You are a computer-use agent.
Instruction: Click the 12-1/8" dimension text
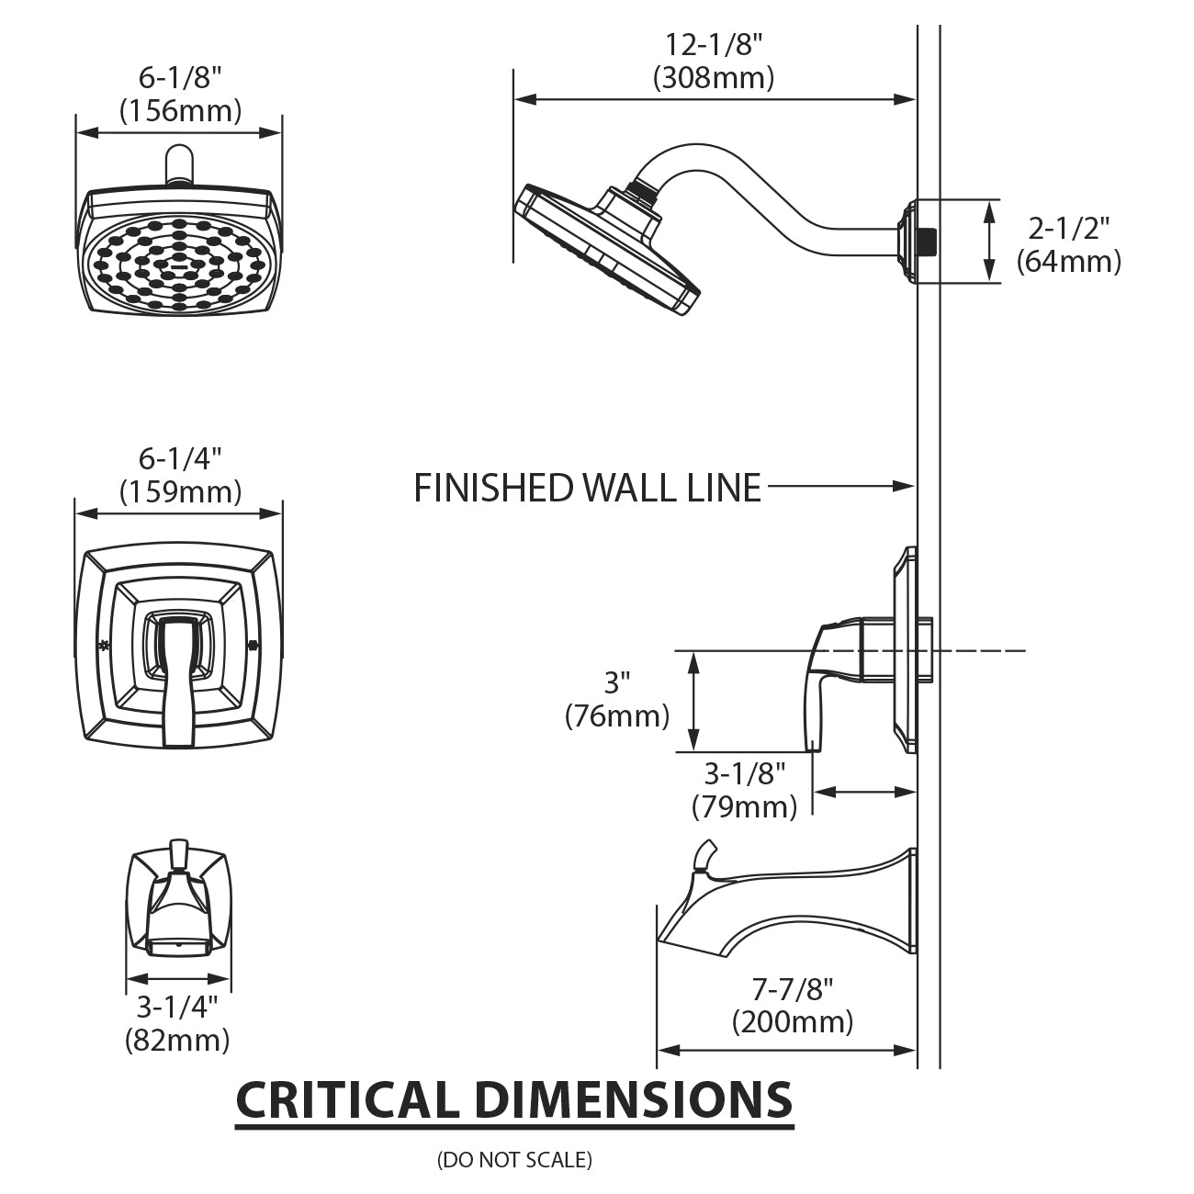[714, 43]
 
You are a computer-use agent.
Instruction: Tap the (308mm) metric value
[714, 78]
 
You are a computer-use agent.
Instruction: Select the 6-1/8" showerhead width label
[180, 77]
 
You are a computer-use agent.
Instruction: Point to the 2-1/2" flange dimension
[1068, 227]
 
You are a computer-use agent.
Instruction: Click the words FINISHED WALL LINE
[588, 488]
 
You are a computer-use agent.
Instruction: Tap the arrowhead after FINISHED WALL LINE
[906, 486]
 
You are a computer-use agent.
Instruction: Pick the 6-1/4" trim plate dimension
[180, 457]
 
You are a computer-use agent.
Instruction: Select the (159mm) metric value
[180, 492]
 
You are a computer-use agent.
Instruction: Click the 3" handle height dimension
[617, 682]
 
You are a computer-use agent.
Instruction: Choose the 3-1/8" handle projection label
[745, 773]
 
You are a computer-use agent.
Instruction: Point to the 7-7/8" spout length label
[792, 989]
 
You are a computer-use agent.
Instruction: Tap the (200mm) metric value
[792, 1021]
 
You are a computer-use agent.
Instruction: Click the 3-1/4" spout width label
[177, 1008]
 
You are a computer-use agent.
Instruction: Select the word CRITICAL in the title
[346, 1099]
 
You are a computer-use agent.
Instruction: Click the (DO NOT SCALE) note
[514, 1160]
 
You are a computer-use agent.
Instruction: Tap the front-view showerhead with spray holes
[179, 253]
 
